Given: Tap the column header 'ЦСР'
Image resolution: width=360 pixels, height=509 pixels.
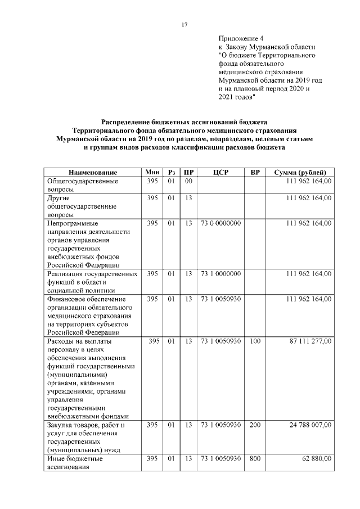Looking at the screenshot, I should point(220,172).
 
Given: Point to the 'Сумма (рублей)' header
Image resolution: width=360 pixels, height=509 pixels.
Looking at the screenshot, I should point(300,172).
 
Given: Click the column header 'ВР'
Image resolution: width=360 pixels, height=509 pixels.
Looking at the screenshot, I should point(255,172).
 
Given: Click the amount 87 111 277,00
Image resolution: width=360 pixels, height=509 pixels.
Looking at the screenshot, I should point(310,341).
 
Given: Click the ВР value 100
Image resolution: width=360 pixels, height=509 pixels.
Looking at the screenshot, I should point(255,341).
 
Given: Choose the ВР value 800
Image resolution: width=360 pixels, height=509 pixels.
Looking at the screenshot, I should point(255,459).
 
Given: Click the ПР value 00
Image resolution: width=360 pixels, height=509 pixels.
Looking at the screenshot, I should point(188,181).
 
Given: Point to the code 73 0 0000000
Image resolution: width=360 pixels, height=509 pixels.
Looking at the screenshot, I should point(220,223).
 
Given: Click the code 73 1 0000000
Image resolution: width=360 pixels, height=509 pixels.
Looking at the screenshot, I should point(220,274).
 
